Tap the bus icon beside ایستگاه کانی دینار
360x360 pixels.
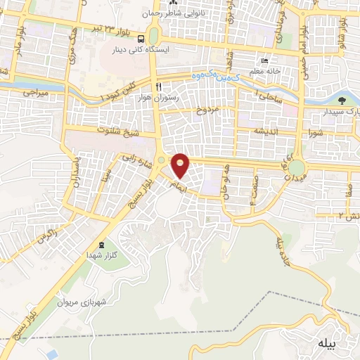pos(142,39)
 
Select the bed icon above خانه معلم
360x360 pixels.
pos(264,60)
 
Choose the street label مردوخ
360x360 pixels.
pos(208,111)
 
